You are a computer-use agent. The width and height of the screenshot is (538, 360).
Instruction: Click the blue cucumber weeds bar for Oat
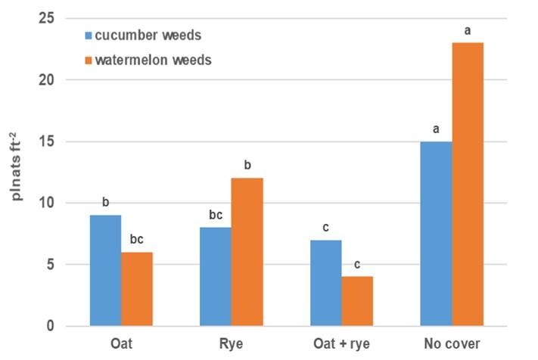click(105, 271)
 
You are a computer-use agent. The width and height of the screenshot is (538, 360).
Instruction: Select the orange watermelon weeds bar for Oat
click(137, 289)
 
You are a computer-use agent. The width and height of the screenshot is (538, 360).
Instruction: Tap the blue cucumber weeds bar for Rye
click(216, 277)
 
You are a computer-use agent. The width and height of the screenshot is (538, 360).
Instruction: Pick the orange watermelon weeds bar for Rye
click(247, 252)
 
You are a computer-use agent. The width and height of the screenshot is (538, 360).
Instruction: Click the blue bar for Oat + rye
click(326, 283)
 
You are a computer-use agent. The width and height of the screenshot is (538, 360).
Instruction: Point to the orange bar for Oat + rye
click(357, 301)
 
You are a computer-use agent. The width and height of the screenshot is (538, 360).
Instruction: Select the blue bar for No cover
click(436, 234)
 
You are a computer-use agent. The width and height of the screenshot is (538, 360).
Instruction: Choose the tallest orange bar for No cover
click(468, 185)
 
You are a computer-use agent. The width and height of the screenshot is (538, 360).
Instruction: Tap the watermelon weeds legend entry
click(148, 60)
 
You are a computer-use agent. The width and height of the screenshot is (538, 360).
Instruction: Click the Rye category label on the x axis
click(232, 344)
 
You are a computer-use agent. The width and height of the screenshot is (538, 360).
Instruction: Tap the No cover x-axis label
click(452, 344)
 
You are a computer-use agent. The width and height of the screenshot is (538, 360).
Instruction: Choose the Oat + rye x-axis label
click(342, 344)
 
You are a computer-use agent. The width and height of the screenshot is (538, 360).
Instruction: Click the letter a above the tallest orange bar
click(468, 31)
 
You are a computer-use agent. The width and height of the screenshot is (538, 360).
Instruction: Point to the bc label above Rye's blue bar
click(216, 215)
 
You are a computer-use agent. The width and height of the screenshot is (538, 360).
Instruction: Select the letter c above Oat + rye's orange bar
click(357, 264)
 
